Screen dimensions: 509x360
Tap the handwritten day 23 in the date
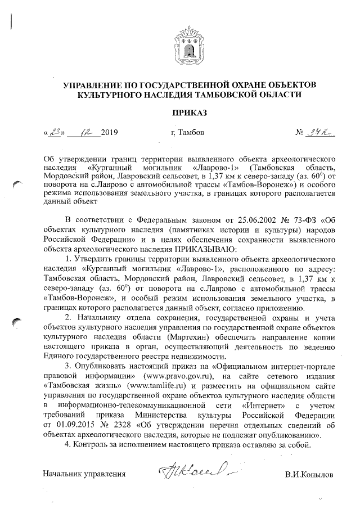(x=55, y=133)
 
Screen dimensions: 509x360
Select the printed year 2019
(x=110, y=133)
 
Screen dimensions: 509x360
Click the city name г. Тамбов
(x=187, y=133)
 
